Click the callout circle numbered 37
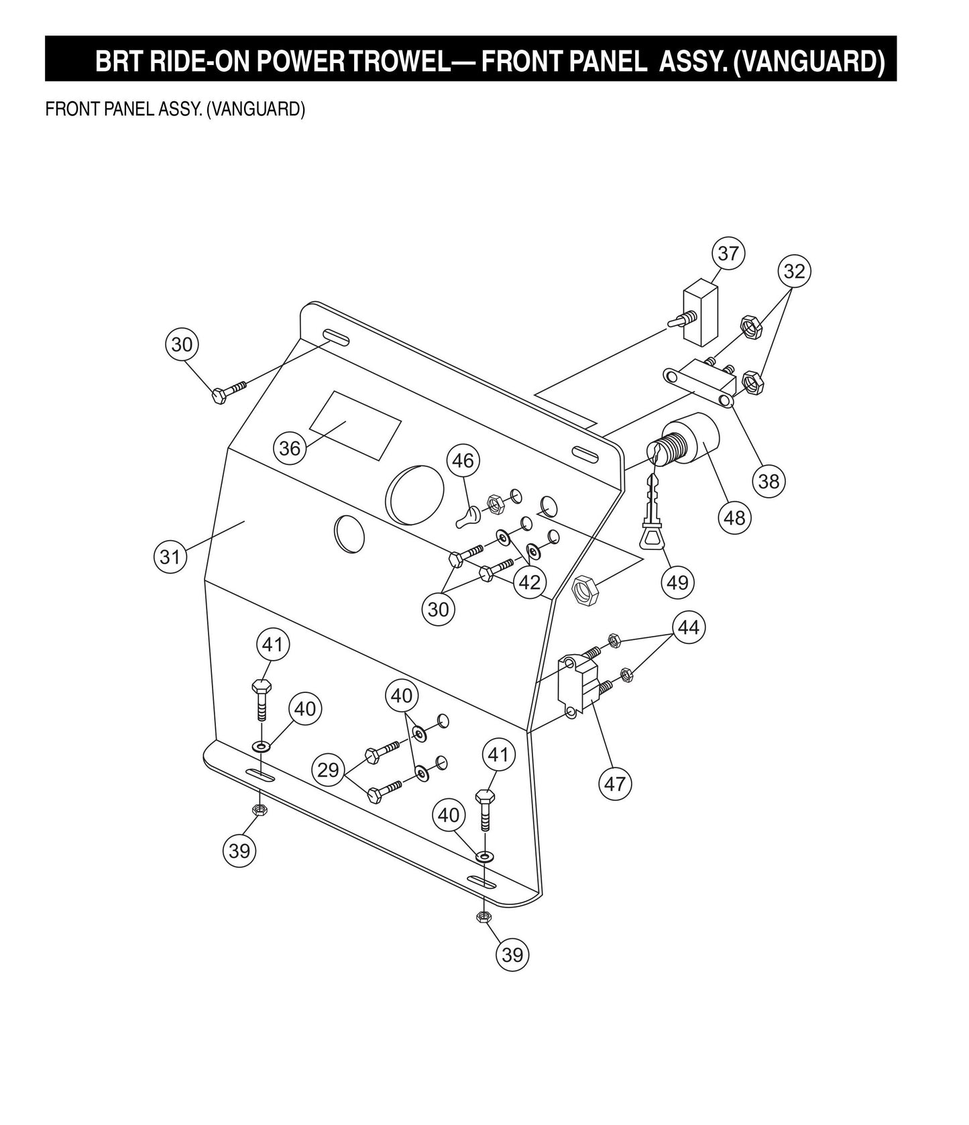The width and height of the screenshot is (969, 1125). [728, 254]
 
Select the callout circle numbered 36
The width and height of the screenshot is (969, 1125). [290, 447]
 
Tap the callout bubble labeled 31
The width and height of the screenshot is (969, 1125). [170, 557]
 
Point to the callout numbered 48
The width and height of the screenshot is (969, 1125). [735, 517]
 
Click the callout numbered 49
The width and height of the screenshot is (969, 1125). [677, 582]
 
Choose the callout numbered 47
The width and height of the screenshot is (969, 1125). [615, 783]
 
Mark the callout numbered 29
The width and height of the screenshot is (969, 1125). [328, 769]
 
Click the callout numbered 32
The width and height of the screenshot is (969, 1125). [794, 272]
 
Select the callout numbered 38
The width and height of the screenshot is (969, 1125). [768, 481]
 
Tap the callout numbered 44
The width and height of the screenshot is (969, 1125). [689, 628]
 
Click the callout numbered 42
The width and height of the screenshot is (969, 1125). [530, 582]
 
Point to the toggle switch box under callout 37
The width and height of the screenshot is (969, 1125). [700, 313]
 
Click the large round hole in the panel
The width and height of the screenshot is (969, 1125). [415, 495]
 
